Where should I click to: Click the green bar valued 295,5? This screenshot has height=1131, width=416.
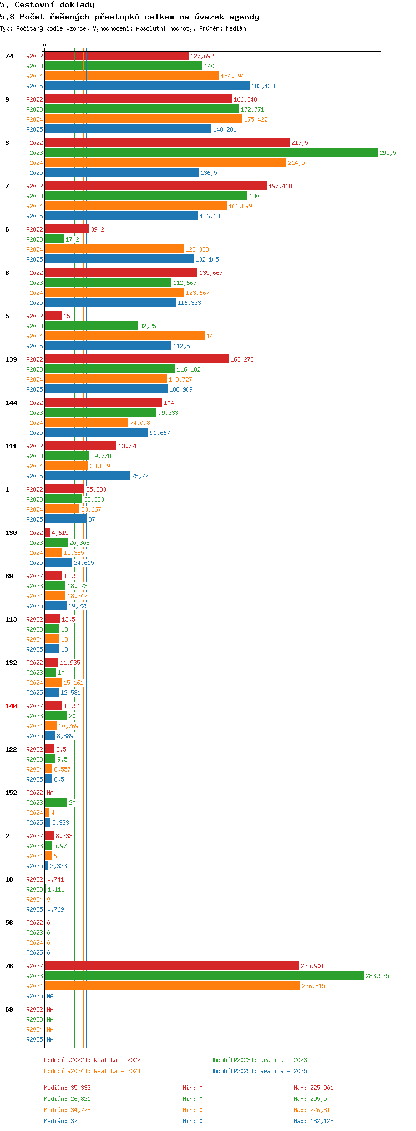click(x=211, y=153)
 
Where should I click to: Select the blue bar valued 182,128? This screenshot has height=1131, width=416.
click(x=147, y=86)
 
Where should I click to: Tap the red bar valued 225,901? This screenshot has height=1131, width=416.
click(x=172, y=966)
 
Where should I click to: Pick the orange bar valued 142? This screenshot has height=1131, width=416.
click(x=125, y=336)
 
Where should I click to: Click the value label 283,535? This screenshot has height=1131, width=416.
click(x=377, y=976)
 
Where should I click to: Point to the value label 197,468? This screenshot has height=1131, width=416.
click(x=280, y=186)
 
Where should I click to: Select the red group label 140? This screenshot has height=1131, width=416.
click(x=11, y=706)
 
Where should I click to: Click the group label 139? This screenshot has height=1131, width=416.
click(x=11, y=359)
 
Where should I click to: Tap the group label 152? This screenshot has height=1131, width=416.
click(x=11, y=793)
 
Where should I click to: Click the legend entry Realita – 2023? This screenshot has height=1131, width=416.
click(x=258, y=1060)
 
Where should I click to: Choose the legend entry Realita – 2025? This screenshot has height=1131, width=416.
click(x=258, y=1071)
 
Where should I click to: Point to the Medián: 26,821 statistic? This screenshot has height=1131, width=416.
click(x=67, y=1099)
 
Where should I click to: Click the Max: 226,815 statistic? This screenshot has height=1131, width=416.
click(x=313, y=1110)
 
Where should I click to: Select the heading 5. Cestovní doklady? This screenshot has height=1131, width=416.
click(x=47, y=5)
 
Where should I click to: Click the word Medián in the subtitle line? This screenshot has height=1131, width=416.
click(x=236, y=28)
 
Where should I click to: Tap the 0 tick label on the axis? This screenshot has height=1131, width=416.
click(x=45, y=46)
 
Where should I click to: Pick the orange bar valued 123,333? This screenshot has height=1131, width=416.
click(x=114, y=249)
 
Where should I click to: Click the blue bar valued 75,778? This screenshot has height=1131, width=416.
click(x=87, y=476)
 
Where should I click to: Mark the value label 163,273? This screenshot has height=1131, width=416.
click(x=242, y=359)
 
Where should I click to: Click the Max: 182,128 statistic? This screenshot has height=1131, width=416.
click(x=313, y=1121)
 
